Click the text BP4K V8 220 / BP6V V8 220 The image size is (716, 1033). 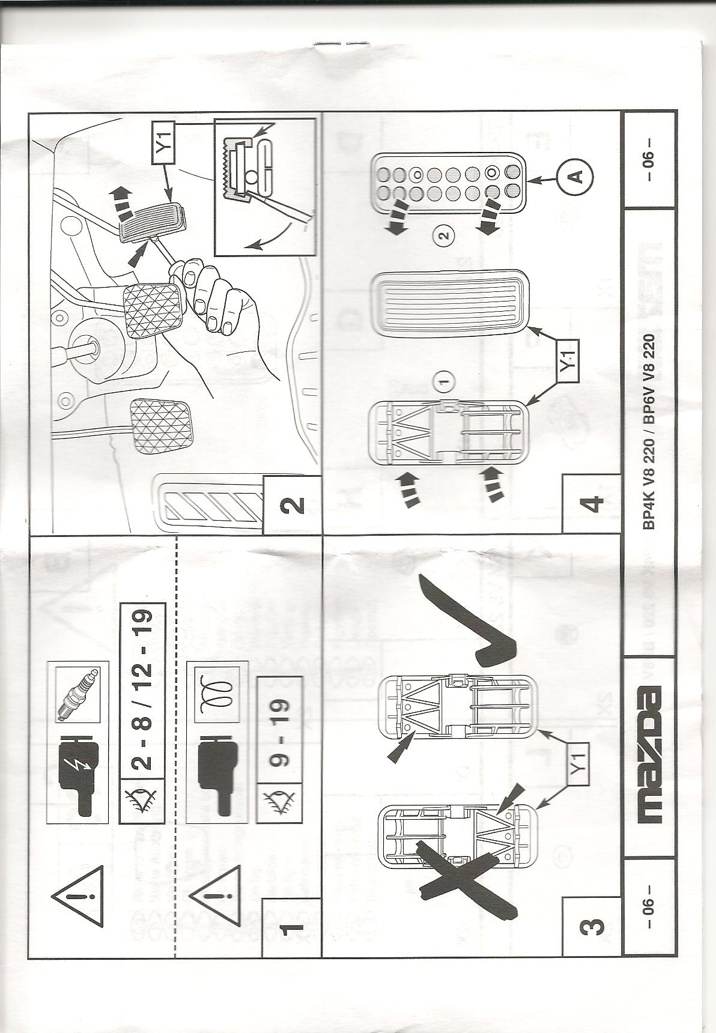pos(651,429)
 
